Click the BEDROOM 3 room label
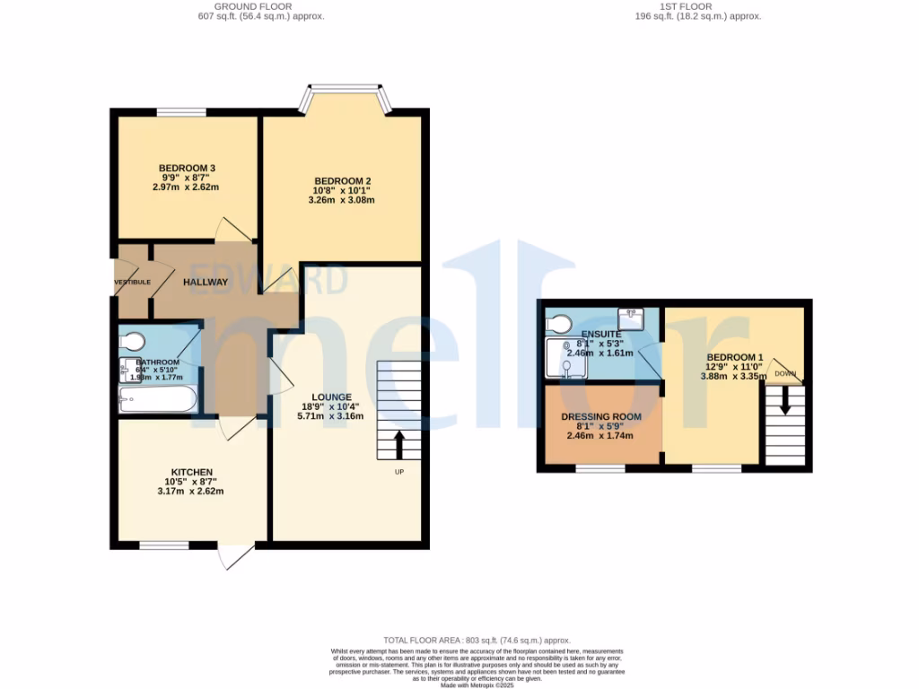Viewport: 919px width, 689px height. coord(187,168)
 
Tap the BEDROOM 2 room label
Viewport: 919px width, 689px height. coord(341,181)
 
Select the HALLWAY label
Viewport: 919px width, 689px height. coord(206,283)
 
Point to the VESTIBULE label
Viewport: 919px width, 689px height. coord(132,283)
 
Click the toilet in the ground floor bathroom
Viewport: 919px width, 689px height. coord(133,341)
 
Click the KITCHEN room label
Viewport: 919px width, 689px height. coord(192,472)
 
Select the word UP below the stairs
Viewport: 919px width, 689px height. coord(398,473)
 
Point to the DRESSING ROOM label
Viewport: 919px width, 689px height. coord(601,417)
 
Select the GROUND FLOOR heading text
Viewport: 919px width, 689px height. coord(260,5)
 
